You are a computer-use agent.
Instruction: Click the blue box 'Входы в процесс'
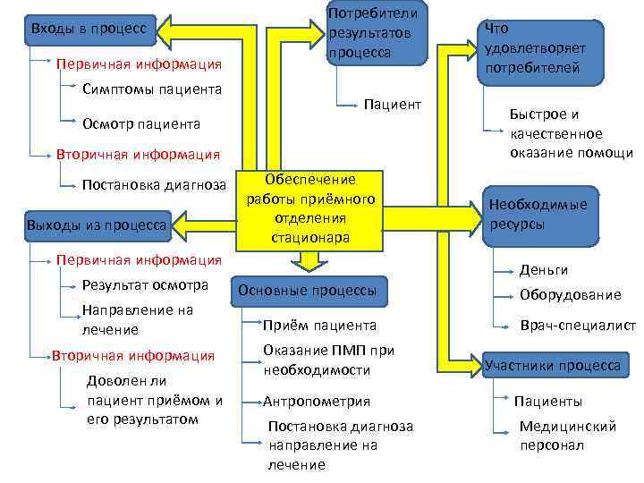click(x=89, y=30)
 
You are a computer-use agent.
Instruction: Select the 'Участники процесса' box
click(x=553, y=365)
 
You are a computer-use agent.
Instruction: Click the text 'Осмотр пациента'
click(x=140, y=123)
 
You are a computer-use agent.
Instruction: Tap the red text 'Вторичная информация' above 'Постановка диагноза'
click(x=137, y=154)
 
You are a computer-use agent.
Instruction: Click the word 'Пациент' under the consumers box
click(x=392, y=105)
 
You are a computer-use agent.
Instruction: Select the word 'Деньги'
click(x=544, y=270)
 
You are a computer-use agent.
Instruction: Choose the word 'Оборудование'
click(x=570, y=295)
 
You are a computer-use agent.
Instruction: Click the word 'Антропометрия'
click(x=317, y=401)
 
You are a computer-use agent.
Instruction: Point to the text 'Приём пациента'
click(x=319, y=326)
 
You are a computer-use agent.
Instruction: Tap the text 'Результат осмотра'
click(x=144, y=285)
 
